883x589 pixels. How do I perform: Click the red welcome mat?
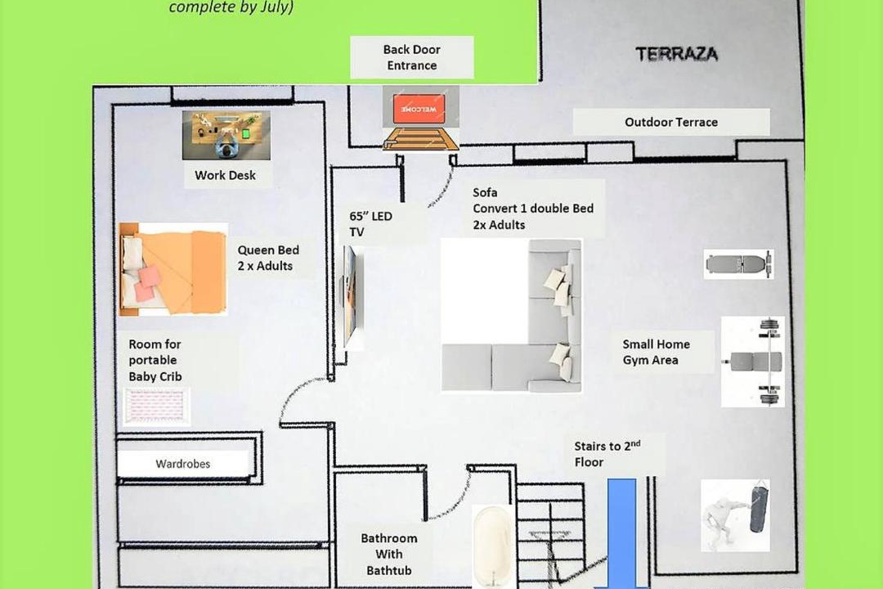coord(419,109)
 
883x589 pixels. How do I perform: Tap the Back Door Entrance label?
coord(411,57)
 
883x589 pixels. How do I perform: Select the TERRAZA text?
coord(676,54)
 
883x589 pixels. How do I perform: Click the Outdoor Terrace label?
coord(671,122)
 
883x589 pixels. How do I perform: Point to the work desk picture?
coord(226,135)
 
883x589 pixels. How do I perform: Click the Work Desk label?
coord(226,175)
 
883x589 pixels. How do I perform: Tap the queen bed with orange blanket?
coord(173,269)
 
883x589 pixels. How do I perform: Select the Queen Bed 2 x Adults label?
coord(268,258)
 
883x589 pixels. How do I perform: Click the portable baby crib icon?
coord(156,406)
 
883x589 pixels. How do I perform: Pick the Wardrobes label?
coord(183,464)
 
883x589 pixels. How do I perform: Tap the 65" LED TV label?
coord(370,224)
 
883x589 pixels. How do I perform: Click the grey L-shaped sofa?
coord(511,316)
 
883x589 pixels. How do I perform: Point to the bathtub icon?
coord(493,546)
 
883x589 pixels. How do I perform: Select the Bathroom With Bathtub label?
coord(389,554)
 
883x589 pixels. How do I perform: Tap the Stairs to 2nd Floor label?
coord(607,454)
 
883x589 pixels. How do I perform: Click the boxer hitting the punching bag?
coord(735,515)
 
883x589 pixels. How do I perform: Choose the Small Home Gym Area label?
coord(656,352)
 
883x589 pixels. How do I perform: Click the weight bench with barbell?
coord(753,362)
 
